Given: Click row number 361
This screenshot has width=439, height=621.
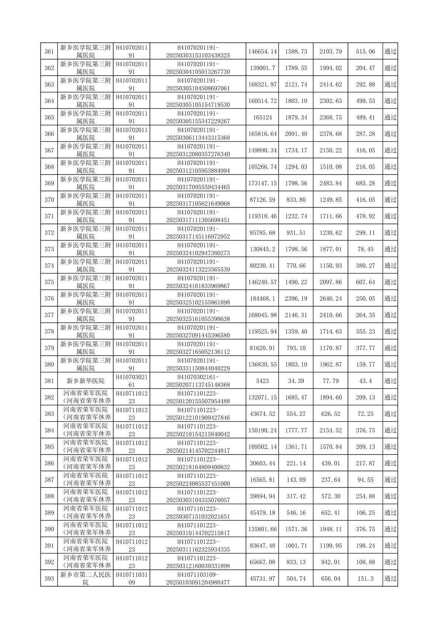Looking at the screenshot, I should point(49,52).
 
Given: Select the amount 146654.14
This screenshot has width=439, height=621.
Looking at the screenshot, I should point(262,52).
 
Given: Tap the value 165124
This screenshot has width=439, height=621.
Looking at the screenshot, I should point(262,117).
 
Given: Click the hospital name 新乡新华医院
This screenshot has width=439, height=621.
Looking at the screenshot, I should point(86,381).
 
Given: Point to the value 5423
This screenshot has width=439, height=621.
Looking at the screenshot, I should point(262,381).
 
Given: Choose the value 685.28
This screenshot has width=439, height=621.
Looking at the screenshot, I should point(365,183).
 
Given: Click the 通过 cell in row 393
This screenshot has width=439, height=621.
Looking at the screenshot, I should point(390,579).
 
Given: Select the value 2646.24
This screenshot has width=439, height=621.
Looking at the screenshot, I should point(331,299).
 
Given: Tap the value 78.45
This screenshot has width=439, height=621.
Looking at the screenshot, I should point(365,249).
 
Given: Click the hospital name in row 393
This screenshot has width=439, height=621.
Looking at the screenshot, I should point(86,579).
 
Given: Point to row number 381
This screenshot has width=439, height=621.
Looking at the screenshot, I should point(49,381).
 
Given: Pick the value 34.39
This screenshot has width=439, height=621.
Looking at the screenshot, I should point(296,381).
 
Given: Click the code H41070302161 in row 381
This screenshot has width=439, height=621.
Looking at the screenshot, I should point(132,381).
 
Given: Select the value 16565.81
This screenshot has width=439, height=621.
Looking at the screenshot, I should point(262,480).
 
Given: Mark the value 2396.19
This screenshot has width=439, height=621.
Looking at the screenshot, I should point(296,299).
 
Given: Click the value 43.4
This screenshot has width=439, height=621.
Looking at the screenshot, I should point(365,381).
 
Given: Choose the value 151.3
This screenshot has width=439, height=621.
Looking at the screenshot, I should point(365,579).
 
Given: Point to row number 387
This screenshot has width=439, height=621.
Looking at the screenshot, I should point(49,480).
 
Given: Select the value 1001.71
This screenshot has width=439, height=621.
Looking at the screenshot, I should point(296,546).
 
